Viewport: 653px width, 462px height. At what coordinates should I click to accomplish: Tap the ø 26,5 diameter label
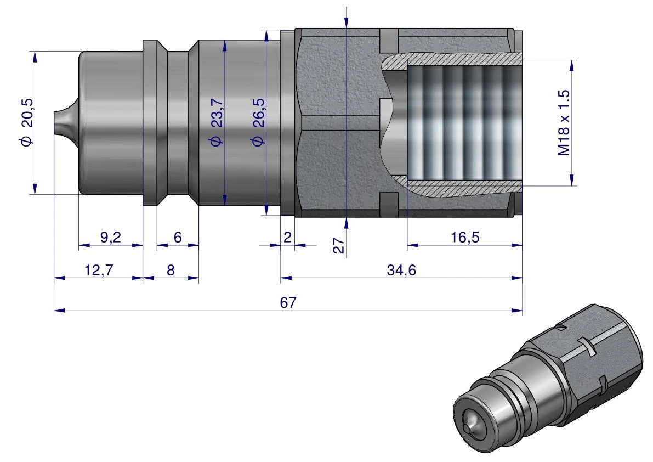pyautogui.click(x=258, y=122)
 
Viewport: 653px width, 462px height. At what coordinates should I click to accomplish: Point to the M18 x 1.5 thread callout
pyautogui.click(x=563, y=123)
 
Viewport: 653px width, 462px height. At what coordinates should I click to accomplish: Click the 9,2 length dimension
pyautogui.click(x=110, y=237)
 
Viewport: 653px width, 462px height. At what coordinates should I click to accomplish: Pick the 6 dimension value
pyautogui.click(x=178, y=237)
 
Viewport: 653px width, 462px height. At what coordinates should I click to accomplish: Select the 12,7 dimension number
pyautogui.click(x=99, y=270)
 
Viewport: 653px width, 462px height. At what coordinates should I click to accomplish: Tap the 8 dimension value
pyautogui.click(x=171, y=270)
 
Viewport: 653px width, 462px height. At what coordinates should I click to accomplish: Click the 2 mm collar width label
pyautogui.click(x=287, y=237)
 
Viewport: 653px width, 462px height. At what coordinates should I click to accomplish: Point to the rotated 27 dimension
pyautogui.click(x=339, y=245)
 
